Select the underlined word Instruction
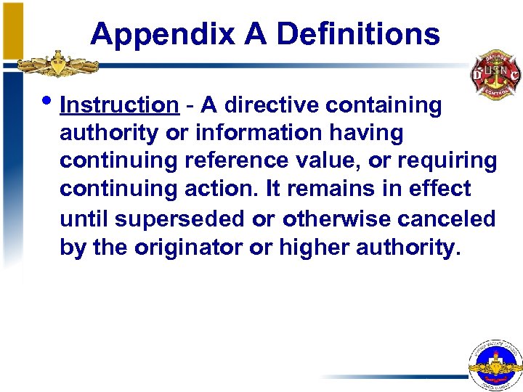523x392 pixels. tap(119, 105)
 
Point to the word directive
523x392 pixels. tap(272, 105)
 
